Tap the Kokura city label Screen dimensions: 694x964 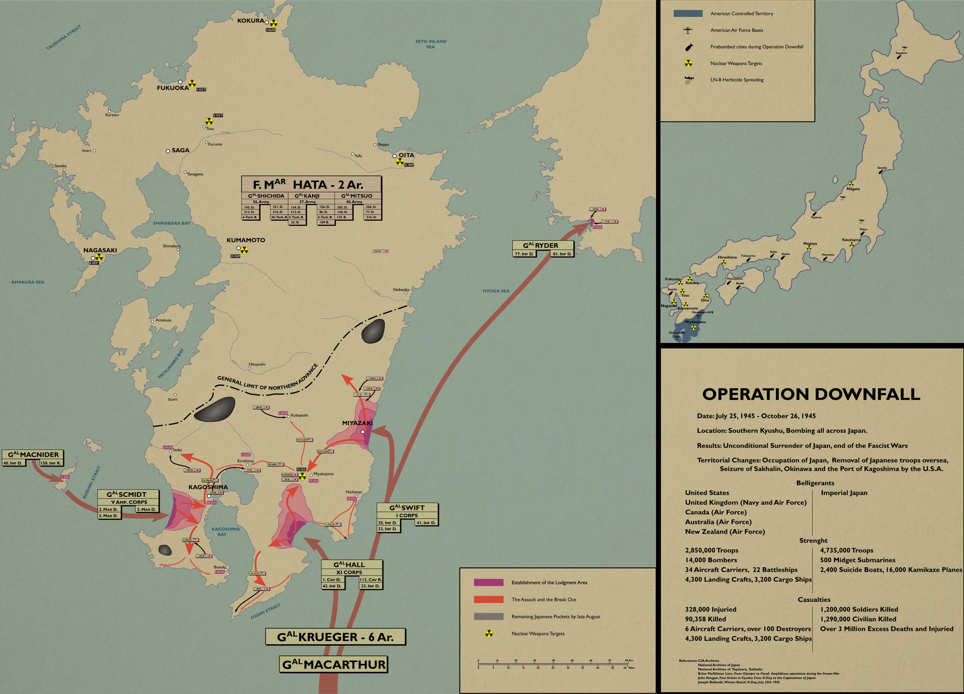250,20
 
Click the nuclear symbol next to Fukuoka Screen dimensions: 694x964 192,83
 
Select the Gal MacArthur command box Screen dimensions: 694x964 334,665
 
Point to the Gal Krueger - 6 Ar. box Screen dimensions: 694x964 335,637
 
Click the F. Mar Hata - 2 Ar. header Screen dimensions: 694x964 311,185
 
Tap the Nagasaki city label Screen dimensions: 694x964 100,250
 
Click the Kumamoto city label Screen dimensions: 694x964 246,240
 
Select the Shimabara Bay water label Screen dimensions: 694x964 172,223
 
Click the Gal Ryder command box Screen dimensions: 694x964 540,245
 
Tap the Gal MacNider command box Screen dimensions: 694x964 33,455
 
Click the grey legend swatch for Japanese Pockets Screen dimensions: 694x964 489,617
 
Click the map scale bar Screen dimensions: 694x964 552,665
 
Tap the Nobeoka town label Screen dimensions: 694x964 401,290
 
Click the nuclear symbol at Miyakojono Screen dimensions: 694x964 302,476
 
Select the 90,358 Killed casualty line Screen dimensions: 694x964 705,619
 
